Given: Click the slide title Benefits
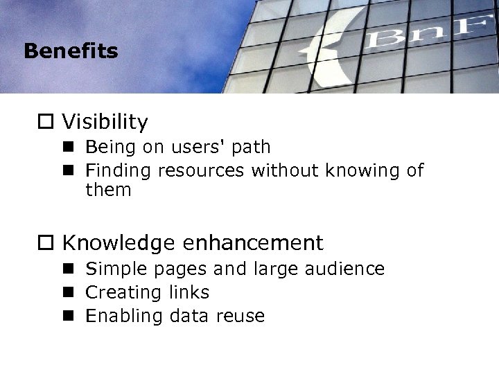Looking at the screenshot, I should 70,51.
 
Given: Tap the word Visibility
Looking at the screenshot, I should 105,123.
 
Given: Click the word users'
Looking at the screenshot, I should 197,147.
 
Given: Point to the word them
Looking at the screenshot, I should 108,189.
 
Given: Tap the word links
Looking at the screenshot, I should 189,292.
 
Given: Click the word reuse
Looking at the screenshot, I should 239,316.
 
